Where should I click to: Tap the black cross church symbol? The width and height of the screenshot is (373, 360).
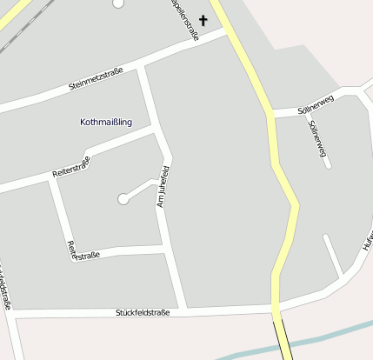(x=203, y=20)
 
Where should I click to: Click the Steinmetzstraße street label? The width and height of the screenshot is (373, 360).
(x=95, y=79)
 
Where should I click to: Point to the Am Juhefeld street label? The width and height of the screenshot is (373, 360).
(x=161, y=184)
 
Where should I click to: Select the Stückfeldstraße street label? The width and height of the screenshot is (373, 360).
(x=146, y=311)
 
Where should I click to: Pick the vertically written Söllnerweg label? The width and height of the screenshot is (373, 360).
(x=317, y=138)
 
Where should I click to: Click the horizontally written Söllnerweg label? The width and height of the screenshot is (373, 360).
(x=315, y=110)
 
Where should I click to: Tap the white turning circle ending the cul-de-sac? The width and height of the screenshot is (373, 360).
(x=123, y=199)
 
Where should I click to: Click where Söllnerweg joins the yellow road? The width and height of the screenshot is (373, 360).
(x=272, y=113)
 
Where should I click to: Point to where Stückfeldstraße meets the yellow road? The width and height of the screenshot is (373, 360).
(x=276, y=306)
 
